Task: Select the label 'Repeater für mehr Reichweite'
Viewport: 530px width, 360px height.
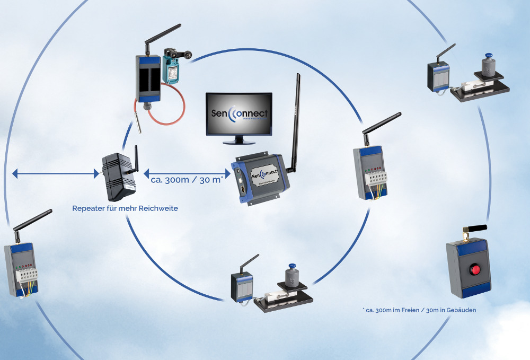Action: (x=125, y=208)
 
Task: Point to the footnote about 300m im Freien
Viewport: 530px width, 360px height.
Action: (x=419, y=310)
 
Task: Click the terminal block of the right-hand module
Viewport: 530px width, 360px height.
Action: (x=374, y=177)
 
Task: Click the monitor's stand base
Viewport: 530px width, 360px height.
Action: (x=239, y=142)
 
